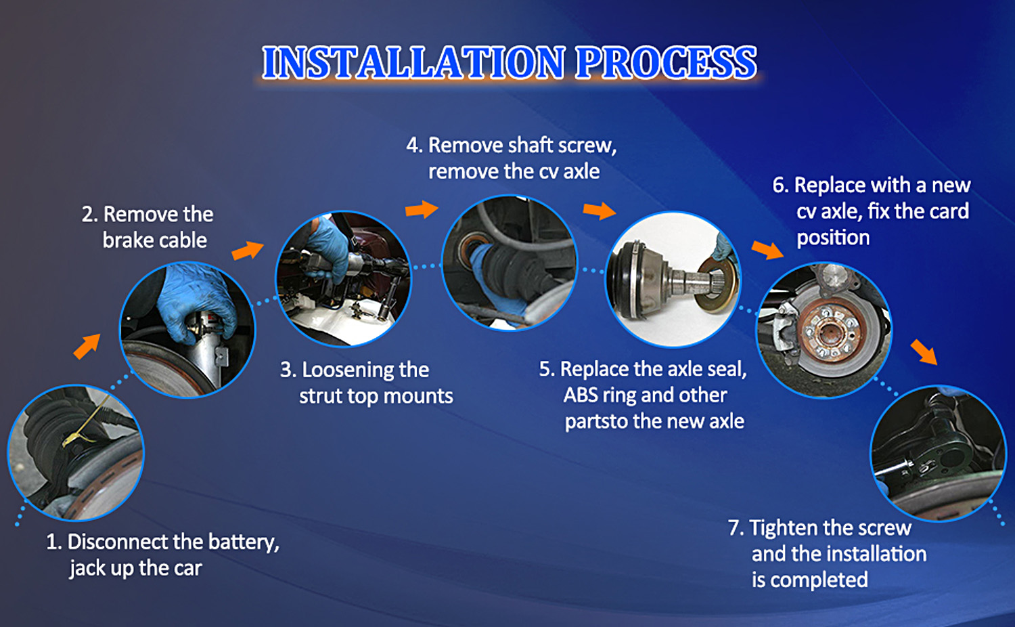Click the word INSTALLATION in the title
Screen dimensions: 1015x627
coord(413,62)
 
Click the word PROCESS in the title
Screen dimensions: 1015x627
coord(666,62)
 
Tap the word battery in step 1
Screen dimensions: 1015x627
coord(244,543)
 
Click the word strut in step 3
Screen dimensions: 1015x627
coord(321,396)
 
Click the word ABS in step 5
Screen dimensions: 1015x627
coord(580,395)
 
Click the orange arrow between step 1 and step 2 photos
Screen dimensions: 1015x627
coord(87,347)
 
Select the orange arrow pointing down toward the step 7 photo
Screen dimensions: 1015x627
coord(924,352)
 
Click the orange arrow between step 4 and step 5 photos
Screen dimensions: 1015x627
coord(599,211)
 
